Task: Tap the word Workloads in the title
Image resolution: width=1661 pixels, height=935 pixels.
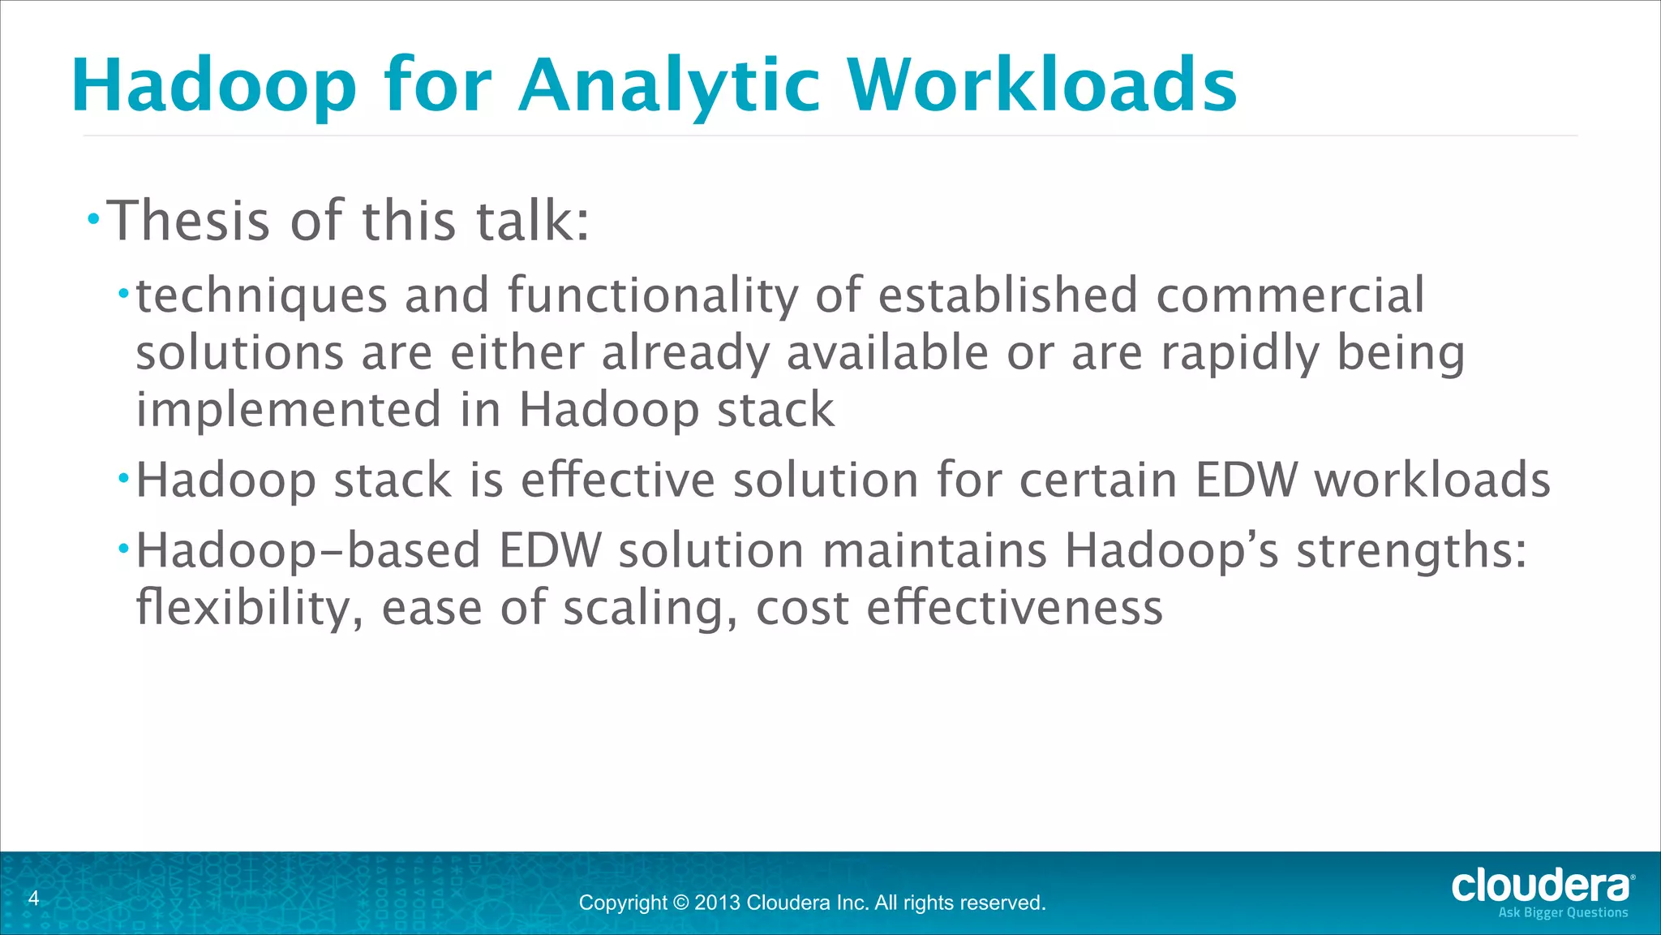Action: pos(1042,86)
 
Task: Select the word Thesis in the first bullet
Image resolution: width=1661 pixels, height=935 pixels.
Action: pos(188,221)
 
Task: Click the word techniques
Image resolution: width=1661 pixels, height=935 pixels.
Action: pos(261,295)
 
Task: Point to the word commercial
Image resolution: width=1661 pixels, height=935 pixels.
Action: pos(1290,295)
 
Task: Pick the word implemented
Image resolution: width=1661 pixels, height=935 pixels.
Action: pos(289,410)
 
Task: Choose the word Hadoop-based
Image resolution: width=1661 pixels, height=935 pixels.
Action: pos(308,551)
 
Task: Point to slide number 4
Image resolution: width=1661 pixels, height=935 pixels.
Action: pos(33,898)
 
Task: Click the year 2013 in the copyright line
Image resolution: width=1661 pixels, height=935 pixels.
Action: pos(717,903)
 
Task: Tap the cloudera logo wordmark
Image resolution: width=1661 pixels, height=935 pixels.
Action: pos(1539,885)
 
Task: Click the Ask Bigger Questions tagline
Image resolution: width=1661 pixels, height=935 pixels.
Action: pos(1562,912)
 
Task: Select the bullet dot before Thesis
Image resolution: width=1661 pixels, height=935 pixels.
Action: pos(94,218)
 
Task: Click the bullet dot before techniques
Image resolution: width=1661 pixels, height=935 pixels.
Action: pos(123,293)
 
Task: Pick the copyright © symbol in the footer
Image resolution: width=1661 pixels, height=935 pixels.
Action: pos(680,903)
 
